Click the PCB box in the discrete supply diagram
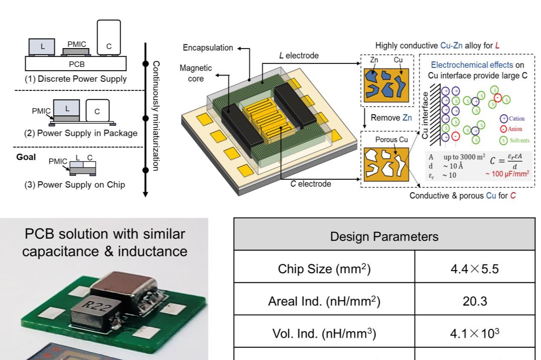tap(76, 64)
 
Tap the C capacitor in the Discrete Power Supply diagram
tap(108, 37)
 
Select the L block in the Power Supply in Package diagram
tap(67, 108)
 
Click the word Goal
tap(26, 156)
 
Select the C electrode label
tap(311, 184)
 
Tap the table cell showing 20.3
tap(474, 302)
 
